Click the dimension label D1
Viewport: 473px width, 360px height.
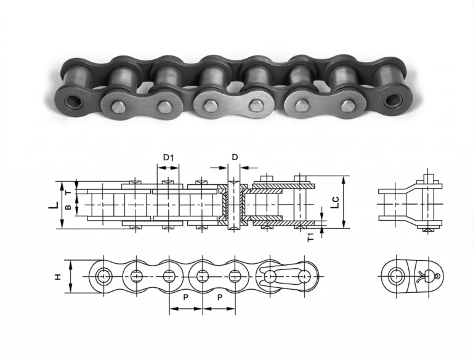(169, 157)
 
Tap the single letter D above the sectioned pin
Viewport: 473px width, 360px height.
(234, 157)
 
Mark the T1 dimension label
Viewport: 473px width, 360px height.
(312, 235)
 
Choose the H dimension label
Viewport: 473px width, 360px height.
(59, 277)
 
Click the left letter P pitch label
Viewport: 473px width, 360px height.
(185, 297)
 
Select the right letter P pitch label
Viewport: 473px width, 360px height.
(219, 297)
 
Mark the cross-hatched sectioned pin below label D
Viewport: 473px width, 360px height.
(233, 203)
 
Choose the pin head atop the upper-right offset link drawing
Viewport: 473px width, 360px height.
(429, 179)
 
